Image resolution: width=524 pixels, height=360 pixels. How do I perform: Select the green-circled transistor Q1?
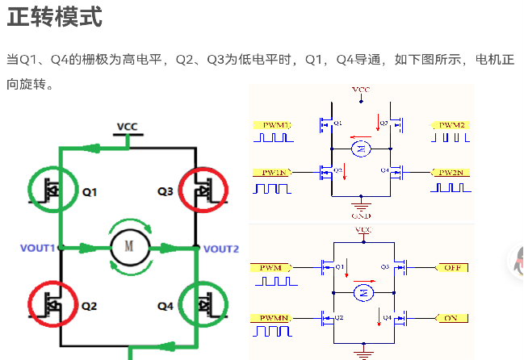55,191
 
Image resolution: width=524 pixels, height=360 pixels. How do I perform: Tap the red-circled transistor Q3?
204,191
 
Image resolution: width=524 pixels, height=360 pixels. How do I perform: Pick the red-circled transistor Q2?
55,305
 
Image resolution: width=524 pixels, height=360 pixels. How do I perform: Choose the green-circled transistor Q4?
204,305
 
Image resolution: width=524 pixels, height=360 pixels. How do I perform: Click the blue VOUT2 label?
221,249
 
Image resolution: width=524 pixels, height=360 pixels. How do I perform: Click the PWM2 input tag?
451,125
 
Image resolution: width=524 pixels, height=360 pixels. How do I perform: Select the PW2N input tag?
450,173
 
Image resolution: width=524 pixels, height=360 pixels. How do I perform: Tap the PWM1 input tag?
275,125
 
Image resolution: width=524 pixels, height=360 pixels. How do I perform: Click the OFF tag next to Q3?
451,267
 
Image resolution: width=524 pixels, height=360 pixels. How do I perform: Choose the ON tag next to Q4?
451,318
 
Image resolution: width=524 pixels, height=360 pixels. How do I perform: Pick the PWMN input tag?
273,318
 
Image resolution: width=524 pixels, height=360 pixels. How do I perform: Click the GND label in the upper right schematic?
361,216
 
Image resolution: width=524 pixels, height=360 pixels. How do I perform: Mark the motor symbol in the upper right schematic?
362,148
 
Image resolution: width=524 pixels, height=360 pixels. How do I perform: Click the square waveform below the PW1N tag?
273,188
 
